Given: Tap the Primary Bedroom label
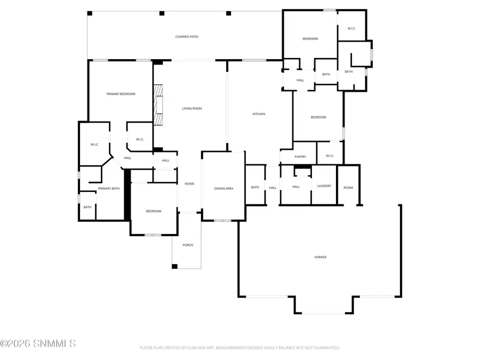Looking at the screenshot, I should [x=121, y=94].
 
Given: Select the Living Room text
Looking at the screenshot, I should [x=192, y=109].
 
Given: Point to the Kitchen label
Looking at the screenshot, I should [x=259, y=114].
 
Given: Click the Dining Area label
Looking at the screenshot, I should [x=223, y=188].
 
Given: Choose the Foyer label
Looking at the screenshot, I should [x=189, y=184].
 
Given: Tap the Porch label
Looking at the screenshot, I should [x=188, y=245].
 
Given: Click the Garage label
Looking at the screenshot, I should [x=320, y=257].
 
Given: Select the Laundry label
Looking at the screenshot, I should [x=324, y=186].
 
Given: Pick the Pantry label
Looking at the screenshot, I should [x=300, y=157].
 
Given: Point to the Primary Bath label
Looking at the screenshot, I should [x=109, y=188].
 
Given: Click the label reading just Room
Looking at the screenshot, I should [x=348, y=188].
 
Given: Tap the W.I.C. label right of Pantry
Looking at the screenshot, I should [x=329, y=156].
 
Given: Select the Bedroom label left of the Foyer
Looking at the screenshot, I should [x=154, y=211].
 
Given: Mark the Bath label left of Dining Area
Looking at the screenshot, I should [x=255, y=187].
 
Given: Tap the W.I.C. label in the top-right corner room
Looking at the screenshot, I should [x=351, y=29].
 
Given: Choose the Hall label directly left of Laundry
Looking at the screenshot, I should [x=296, y=187].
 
